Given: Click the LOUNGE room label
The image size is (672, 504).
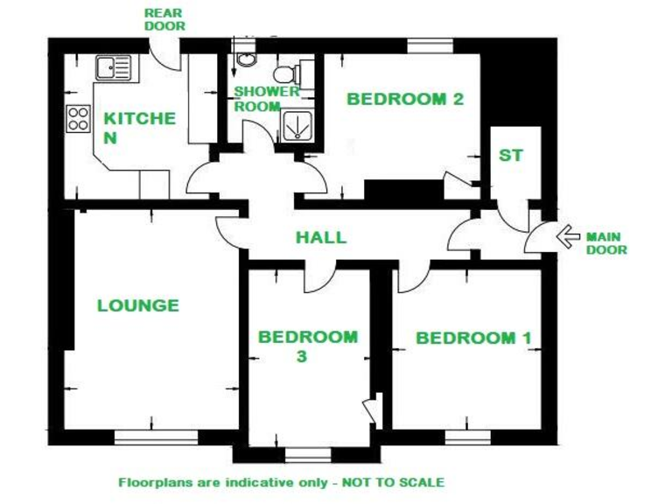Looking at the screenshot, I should [x=137, y=305].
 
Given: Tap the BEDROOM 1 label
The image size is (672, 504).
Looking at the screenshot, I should [x=473, y=338].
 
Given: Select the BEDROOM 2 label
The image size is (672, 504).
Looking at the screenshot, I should [x=404, y=99].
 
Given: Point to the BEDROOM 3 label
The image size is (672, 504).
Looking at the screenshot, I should [x=307, y=346].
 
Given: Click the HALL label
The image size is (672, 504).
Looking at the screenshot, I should [x=320, y=237].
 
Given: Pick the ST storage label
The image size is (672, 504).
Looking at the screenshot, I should [x=510, y=156].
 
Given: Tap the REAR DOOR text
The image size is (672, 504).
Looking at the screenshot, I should [x=164, y=19].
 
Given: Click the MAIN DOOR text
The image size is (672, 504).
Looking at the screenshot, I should [x=606, y=242].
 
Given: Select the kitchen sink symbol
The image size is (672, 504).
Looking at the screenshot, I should [x=113, y=66].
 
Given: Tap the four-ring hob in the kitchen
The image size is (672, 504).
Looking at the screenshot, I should [x=78, y=118].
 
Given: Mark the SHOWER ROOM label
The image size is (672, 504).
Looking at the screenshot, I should [x=266, y=98].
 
